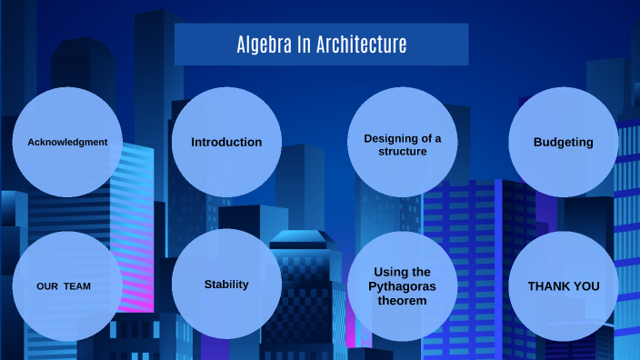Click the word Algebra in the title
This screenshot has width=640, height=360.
coord(264,45)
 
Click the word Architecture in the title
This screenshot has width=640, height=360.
coord(362,45)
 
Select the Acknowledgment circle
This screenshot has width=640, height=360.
coord(68,142)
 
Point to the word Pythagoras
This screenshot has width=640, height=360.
coord(402,285)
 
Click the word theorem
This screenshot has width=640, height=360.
coord(402,300)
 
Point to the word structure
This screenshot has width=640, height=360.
coord(403,152)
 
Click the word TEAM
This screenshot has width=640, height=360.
coord(77,286)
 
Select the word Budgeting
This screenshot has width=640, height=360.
coord(563,142)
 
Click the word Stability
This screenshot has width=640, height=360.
coord(226,285)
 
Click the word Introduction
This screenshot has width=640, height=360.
coord(226,142)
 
